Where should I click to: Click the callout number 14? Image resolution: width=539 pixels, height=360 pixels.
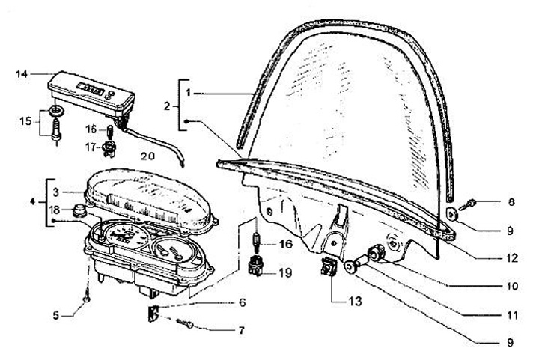[22, 73]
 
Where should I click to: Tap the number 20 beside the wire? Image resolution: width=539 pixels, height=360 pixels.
[147, 156]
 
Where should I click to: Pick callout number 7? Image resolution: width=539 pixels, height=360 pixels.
[241, 329]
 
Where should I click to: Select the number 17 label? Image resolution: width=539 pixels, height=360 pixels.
[91, 147]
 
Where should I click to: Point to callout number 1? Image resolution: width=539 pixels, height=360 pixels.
[189, 92]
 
